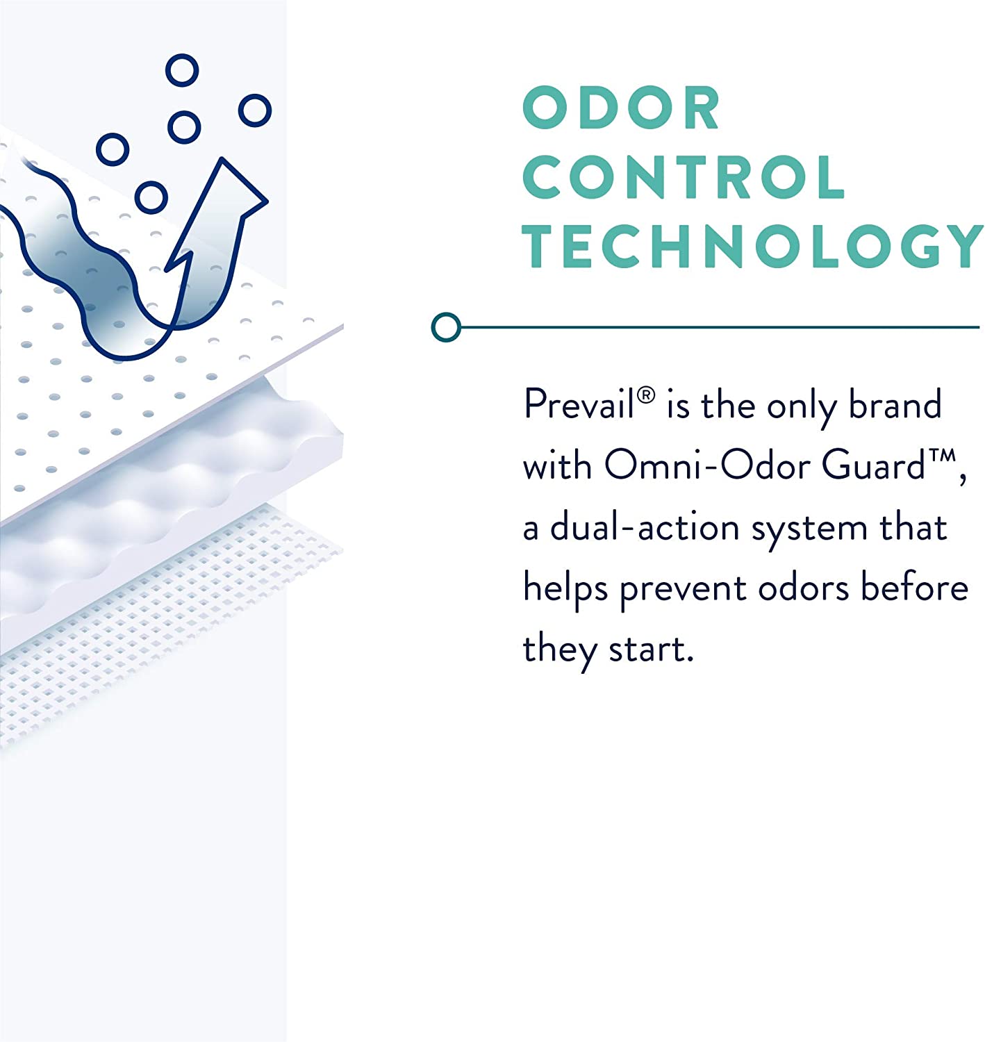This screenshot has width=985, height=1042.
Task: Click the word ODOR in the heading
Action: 621,108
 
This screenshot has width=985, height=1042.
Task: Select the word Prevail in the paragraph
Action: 579,404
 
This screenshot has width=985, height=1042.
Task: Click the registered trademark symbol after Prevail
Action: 646,395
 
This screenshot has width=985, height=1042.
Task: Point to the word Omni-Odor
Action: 708,465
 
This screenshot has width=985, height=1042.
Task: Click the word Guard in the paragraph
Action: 873,465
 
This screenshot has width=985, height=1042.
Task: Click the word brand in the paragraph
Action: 895,404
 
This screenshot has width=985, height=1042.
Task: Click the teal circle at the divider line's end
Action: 446,327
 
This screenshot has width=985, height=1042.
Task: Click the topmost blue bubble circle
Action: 182,70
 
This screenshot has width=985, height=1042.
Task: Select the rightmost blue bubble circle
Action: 255,110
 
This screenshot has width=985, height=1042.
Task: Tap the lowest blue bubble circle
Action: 151,197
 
